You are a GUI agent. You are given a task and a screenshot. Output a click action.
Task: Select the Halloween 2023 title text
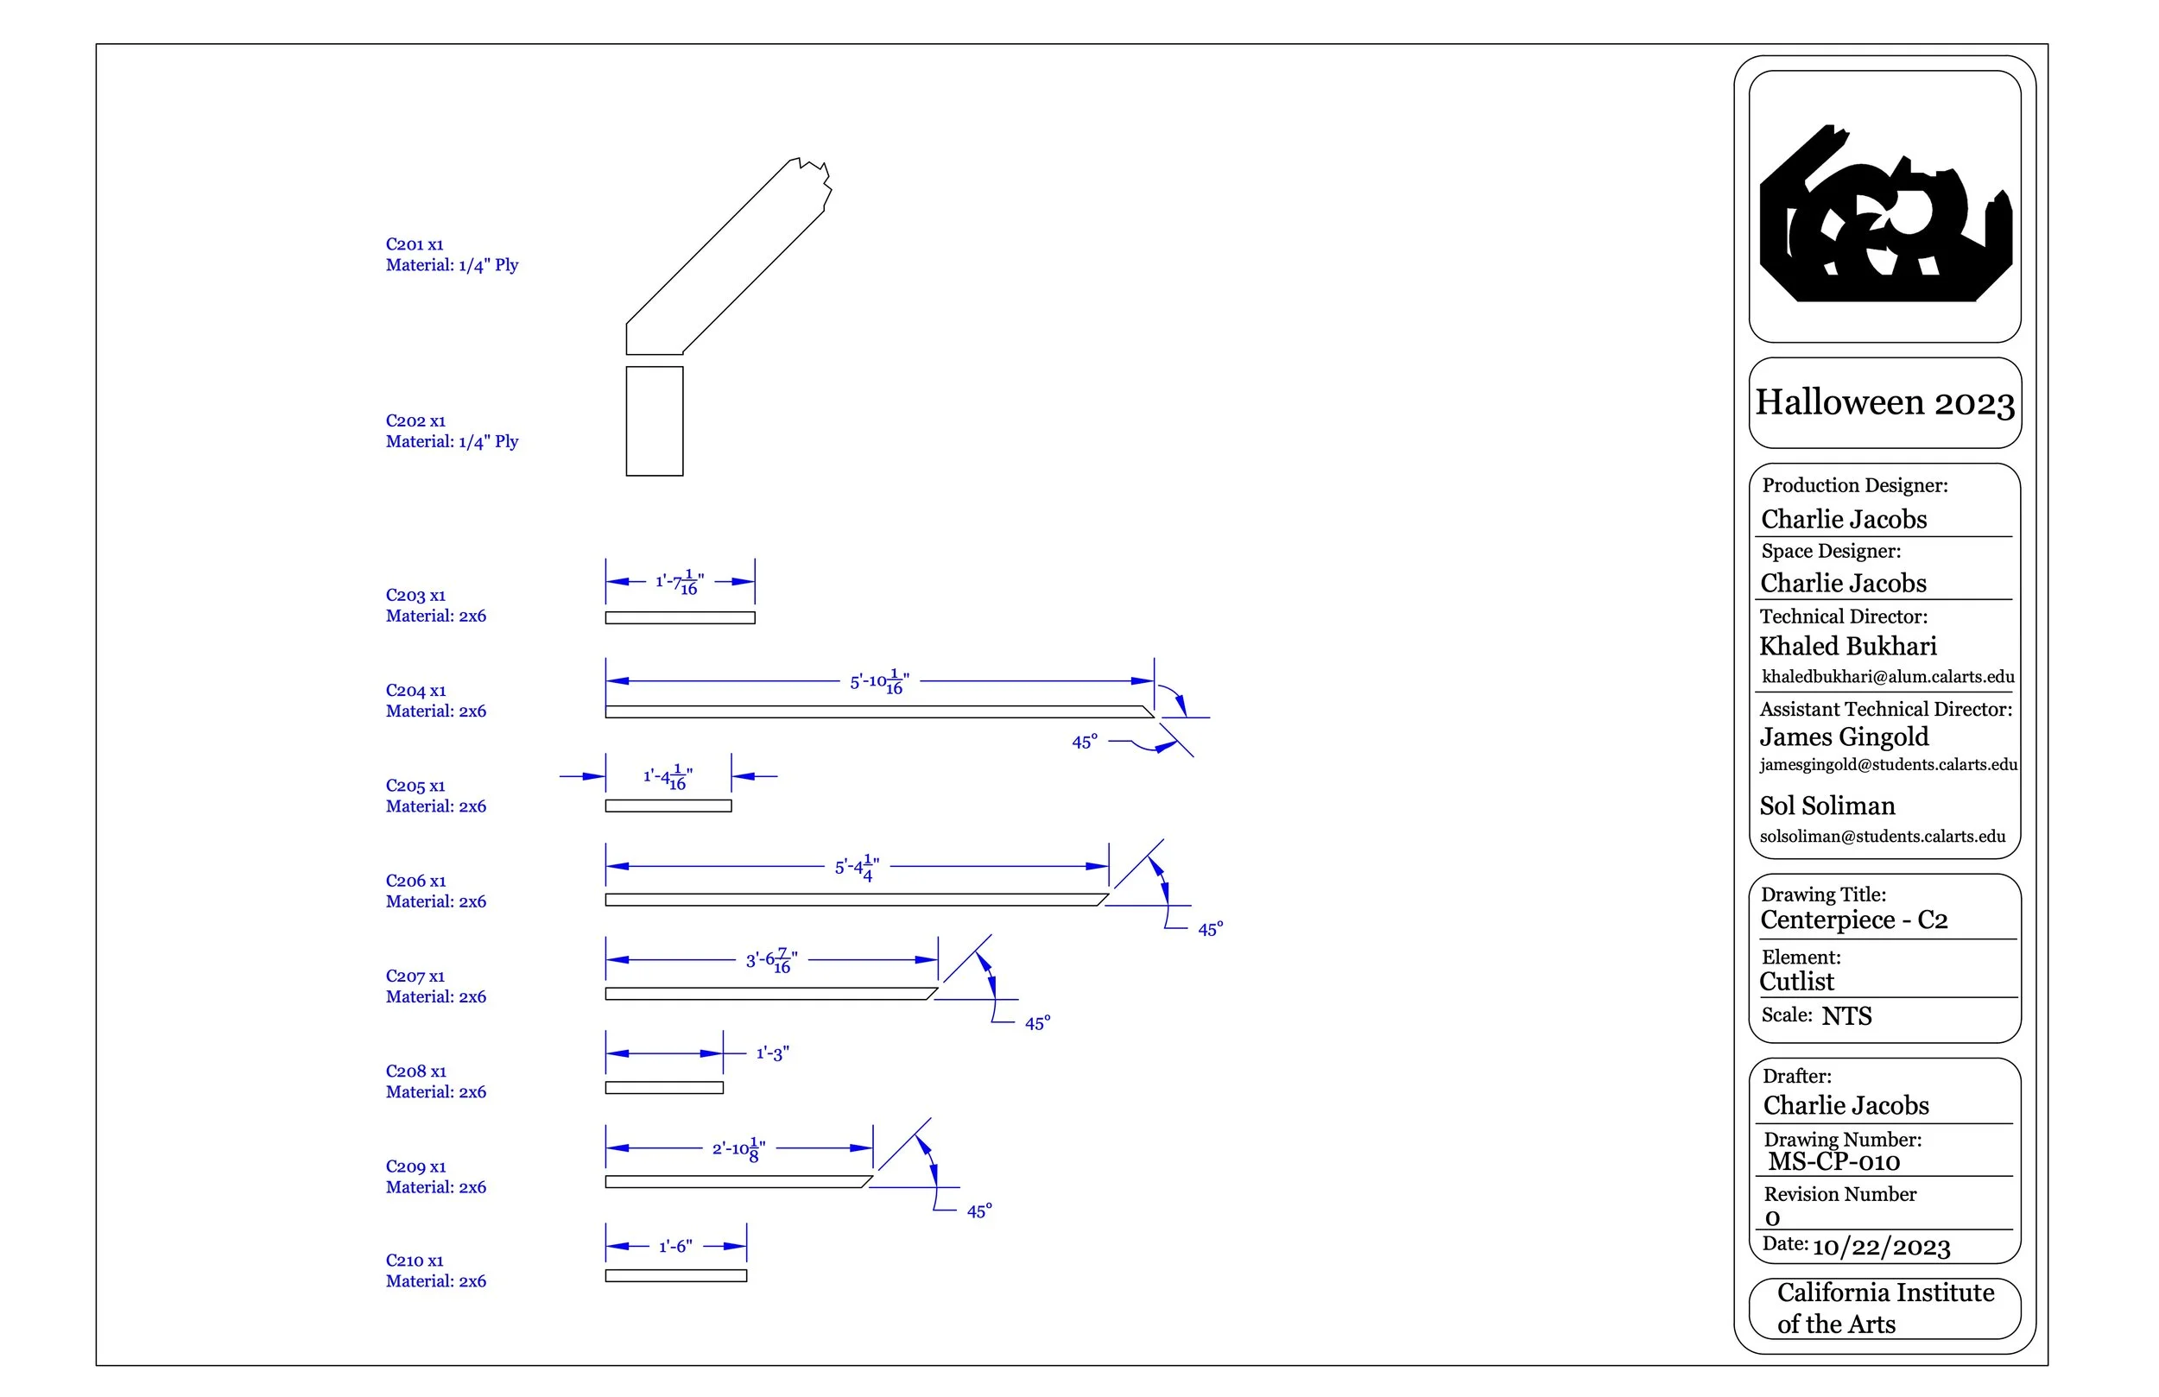click(1884, 402)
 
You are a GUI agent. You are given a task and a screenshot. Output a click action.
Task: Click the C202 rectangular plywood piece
click(654, 421)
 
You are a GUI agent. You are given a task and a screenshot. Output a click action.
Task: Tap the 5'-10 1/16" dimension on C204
click(879, 681)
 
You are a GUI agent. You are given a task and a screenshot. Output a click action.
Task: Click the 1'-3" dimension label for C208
click(772, 1053)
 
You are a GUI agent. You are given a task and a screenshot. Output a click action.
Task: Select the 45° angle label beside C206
click(1210, 929)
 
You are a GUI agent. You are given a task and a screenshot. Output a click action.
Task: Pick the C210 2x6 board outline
click(676, 1275)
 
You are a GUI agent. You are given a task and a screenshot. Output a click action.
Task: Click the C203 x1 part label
click(415, 595)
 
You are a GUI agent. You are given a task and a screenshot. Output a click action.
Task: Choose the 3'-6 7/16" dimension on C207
click(771, 960)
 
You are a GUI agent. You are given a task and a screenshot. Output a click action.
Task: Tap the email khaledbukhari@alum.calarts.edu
click(1887, 677)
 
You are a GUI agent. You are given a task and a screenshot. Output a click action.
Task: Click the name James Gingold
click(1843, 736)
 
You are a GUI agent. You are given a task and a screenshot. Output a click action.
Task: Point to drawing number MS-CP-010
click(1833, 1162)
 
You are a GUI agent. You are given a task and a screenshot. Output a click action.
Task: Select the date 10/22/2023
click(1881, 1248)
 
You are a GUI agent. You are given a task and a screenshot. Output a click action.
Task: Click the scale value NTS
click(1846, 1016)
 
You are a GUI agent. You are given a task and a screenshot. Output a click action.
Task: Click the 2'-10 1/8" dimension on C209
click(738, 1148)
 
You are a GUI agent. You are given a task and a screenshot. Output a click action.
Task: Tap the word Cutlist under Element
click(1796, 982)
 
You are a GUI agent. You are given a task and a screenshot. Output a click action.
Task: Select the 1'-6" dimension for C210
click(676, 1247)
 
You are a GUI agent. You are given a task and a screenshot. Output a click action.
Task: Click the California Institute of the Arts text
click(1884, 1308)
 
